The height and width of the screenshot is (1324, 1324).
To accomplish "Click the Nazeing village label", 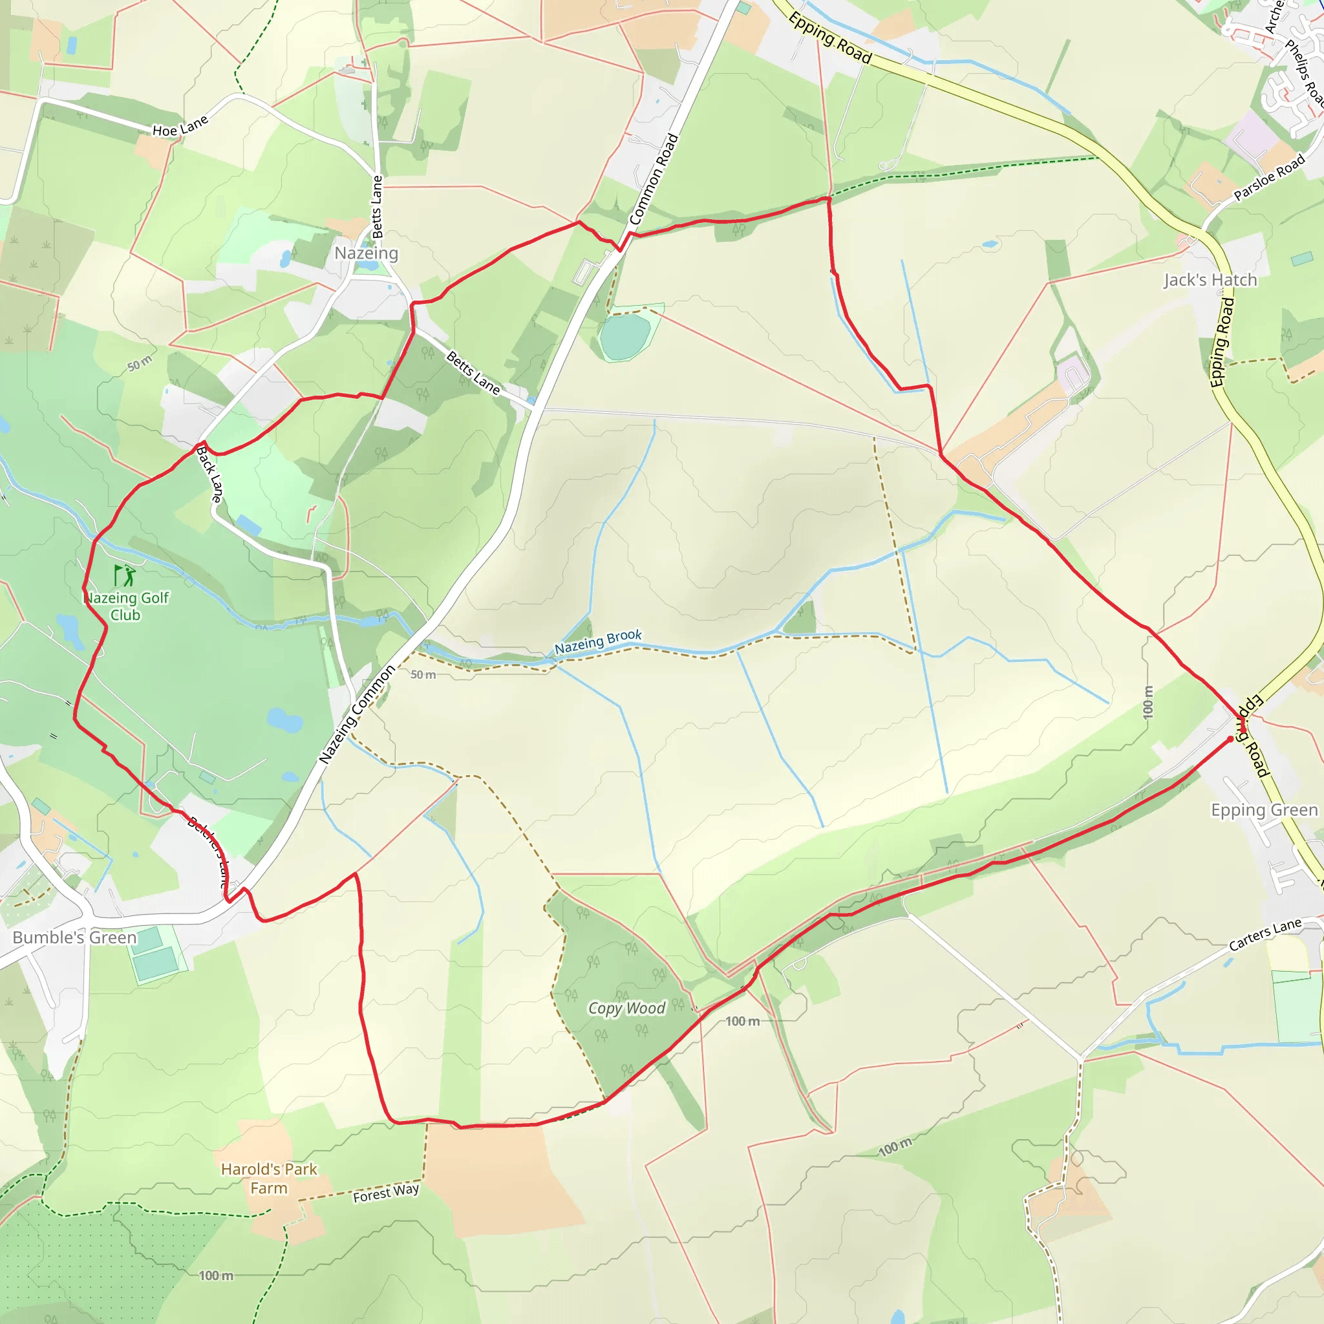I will (x=366, y=253).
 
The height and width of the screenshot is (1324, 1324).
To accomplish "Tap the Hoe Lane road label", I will (x=180, y=127).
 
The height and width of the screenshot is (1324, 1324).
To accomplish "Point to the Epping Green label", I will (x=1265, y=810).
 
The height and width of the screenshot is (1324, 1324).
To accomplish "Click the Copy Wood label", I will (x=626, y=1008).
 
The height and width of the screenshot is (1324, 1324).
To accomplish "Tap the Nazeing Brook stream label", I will (x=597, y=641).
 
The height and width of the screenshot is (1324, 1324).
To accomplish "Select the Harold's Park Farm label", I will (x=269, y=1179).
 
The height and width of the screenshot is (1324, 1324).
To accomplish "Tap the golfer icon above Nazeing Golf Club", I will (x=125, y=575).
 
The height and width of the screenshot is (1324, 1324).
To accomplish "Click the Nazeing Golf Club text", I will (x=126, y=606).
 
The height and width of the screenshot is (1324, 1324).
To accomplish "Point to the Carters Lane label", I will (x=1265, y=935).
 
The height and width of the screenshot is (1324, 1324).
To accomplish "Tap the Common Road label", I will (x=654, y=180).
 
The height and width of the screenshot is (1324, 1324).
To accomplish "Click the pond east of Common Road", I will (x=625, y=336).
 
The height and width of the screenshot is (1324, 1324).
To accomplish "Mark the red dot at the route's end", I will (x=1230, y=740).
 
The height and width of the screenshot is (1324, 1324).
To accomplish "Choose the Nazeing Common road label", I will (x=357, y=714).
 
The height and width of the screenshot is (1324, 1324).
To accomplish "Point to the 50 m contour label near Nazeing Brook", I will (x=423, y=675).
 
